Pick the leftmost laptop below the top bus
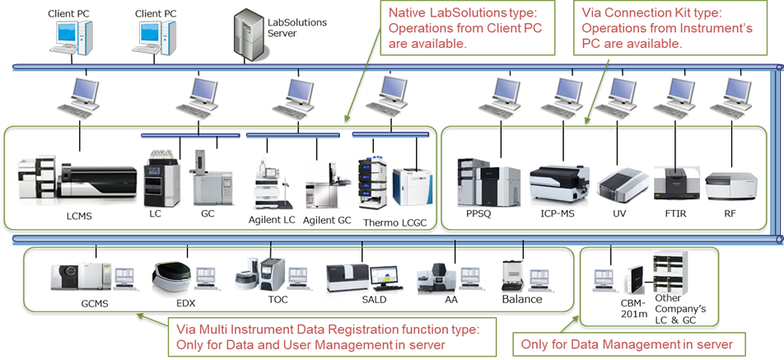click(73, 96)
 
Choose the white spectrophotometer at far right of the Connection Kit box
click(724, 184)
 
